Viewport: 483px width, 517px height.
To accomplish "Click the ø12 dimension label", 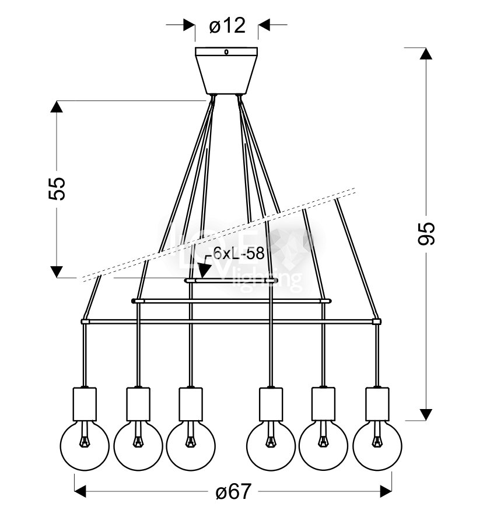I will click(x=227, y=26).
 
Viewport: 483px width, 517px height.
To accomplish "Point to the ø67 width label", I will click(x=233, y=492).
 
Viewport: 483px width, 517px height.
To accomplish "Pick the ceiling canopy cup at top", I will click(x=227, y=69).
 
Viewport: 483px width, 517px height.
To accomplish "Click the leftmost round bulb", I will click(x=84, y=445).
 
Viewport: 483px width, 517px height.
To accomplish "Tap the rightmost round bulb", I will click(x=377, y=445).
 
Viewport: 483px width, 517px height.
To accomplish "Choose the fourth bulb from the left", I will click(x=271, y=445).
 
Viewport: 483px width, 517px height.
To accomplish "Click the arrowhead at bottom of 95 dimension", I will click(x=426, y=414).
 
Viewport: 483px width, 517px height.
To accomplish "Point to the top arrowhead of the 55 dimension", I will click(x=57, y=107).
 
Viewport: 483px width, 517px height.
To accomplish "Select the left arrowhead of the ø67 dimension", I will click(x=80, y=491).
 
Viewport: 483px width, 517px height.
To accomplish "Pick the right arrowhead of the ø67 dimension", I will click(x=385, y=491).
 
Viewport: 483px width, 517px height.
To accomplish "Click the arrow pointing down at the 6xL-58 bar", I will click(x=204, y=270).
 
